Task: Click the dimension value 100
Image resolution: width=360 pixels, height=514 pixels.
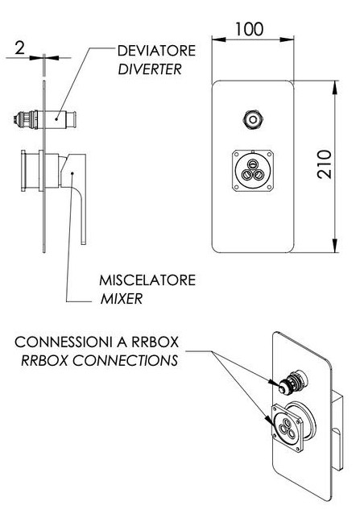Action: pos(249,29)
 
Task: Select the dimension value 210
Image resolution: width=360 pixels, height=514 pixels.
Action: pos(325,164)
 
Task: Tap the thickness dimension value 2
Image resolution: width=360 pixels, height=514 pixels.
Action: pos(19,48)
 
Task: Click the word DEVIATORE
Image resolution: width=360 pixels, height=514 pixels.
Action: pos(156,51)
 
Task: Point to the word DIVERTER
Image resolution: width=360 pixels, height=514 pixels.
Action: pos(150,69)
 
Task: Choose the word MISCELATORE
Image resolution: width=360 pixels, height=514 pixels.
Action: pos(147,280)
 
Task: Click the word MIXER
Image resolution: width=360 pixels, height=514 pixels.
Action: pos(122,299)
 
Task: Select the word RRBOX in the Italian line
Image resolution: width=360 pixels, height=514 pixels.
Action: pos(155,342)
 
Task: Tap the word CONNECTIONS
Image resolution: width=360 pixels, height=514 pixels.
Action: pos(125,361)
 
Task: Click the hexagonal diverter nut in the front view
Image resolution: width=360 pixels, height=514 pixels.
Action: pos(253,119)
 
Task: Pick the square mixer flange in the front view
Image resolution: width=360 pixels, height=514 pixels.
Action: pos(253,171)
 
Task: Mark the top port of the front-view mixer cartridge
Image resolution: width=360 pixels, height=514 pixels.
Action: pos(253,164)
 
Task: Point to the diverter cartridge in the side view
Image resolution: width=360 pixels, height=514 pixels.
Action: pos(45,120)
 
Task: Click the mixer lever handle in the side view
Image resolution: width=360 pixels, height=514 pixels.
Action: pos(76,197)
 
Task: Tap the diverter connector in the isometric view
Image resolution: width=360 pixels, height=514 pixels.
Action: pos(292,382)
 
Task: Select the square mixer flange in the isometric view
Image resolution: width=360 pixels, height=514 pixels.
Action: pos(288,429)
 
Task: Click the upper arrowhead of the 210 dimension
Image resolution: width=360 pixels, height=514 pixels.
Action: pos(335,88)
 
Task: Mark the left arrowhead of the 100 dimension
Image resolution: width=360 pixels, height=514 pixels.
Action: pos(219,39)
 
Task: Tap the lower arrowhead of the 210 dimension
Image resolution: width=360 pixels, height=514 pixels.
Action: pos(335,246)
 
